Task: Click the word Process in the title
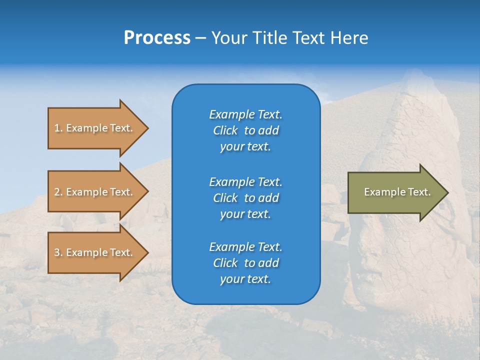[x=157, y=38]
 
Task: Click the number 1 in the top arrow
[x=57, y=128]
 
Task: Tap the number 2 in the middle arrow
[x=57, y=192]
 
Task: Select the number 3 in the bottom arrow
[x=57, y=252]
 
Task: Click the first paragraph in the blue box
[x=245, y=130]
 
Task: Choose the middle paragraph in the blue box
[x=245, y=197]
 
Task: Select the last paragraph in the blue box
[x=245, y=263]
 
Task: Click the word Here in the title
[x=349, y=38]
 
